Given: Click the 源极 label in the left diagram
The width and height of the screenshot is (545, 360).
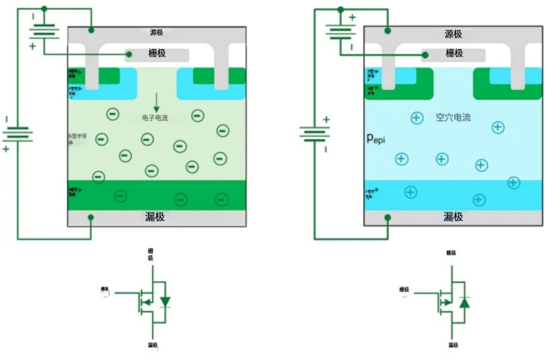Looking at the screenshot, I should pos(156,34).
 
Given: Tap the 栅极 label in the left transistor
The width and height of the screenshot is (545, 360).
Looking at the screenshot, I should pos(156,53).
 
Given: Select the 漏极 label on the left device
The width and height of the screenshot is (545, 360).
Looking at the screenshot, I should pos(156,217).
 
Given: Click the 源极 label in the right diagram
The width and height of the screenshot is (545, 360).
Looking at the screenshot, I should pos(453,34).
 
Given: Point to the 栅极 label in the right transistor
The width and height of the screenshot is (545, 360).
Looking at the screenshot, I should pos(453,53).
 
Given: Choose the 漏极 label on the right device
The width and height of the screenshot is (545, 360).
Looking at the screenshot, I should pos(453,217).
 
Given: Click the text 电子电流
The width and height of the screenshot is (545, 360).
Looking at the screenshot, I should pos(156,118).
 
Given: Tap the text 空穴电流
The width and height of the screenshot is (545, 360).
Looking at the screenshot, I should pos(453,118).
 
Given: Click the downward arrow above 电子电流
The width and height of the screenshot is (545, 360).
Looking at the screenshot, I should pos(156,103).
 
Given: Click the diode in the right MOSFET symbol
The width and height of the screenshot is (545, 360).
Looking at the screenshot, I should pos(464,301).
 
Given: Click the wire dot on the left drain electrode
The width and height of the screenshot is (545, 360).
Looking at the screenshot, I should pos(91,218).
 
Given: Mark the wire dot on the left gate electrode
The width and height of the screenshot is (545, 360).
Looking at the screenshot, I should pos(127,55).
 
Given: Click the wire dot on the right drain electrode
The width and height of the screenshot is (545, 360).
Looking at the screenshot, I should pos(387,218).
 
